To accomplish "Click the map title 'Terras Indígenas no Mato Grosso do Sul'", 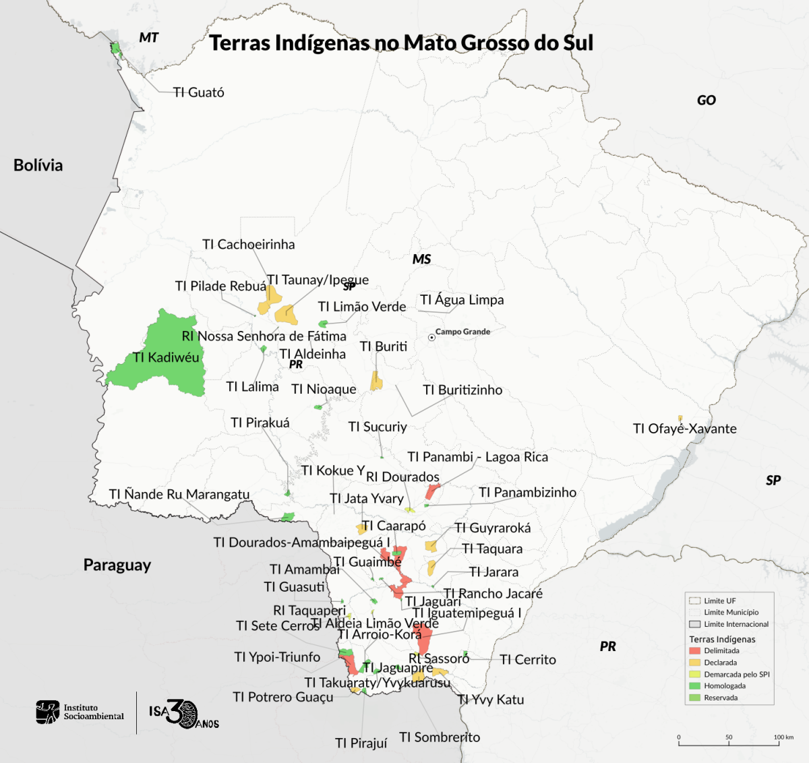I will [x=401, y=43].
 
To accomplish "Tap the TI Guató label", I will [x=198, y=92].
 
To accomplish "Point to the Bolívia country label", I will [x=38, y=165].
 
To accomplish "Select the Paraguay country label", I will [x=117, y=565].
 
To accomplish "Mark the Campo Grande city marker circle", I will [x=431, y=337].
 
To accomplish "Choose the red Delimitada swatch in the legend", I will [x=694, y=651].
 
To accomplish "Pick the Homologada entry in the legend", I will [x=725, y=686].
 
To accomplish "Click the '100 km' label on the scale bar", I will [x=783, y=737].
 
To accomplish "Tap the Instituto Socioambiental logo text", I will [x=93, y=712].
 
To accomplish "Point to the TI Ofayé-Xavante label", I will [x=684, y=429].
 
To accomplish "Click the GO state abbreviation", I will [x=706, y=100].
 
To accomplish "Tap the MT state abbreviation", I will [x=148, y=38].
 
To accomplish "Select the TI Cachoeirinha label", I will [x=248, y=244].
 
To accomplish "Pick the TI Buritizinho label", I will [x=462, y=390].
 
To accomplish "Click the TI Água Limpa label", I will [x=462, y=300].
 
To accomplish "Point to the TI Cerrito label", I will [x=528, y=660].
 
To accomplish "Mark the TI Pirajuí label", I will [x=361, y=743].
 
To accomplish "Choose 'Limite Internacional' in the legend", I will [x=736, y=624].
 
